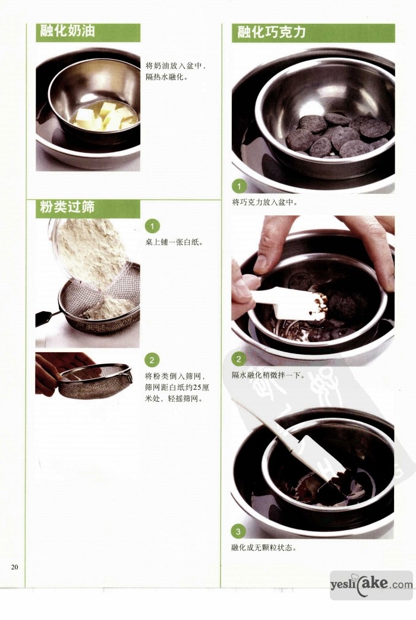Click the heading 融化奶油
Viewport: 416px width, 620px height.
(x=67, y=31)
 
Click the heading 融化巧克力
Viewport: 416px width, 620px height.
(x=271, y=32)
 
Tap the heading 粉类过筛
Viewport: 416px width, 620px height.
(x=67, y=207)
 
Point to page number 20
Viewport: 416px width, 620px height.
(x=15, y=567)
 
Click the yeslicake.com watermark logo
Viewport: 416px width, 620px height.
(x=371, y=585)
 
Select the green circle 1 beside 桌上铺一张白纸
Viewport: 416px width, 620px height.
(x=152, y=227)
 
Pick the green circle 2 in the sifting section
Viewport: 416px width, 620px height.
(x=152, y=360)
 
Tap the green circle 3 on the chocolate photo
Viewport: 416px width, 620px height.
(x=238, y=531)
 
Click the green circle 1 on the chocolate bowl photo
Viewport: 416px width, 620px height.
(x=239, y=186)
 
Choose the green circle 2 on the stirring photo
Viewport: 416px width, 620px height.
(x=239, y=359)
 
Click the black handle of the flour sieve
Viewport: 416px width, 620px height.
(x=45, y=317)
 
